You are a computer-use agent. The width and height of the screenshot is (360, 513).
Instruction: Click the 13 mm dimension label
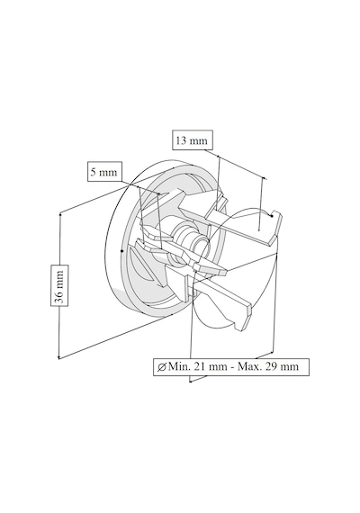(193, 140)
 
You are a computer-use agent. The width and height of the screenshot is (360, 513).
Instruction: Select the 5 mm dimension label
(104, 171)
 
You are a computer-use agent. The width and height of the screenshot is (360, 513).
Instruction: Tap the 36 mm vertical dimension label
(59, 285)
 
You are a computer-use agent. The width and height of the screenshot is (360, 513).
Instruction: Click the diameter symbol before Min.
(161, 367)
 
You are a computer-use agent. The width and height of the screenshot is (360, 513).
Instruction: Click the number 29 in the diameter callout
(271, 366)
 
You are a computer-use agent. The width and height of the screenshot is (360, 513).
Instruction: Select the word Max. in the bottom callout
(249, 366)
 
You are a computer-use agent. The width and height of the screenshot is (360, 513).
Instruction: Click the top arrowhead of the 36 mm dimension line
(60, 214)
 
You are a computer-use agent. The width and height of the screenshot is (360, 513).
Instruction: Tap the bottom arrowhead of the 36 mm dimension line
(58, 357)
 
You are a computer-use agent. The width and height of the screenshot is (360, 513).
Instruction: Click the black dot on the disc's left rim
(122, 251)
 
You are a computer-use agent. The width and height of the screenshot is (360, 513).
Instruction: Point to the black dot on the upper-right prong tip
(272, 215)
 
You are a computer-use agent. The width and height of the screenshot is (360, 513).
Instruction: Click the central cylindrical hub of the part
(190, 238)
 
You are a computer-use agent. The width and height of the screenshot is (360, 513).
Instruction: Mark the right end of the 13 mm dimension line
(265, 178)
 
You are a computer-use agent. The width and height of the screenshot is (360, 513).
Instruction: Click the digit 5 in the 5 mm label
(94, 171)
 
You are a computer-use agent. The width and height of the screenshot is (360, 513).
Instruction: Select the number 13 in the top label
(181, 140)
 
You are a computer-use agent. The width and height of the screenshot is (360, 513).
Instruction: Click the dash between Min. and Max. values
(232, 367)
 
